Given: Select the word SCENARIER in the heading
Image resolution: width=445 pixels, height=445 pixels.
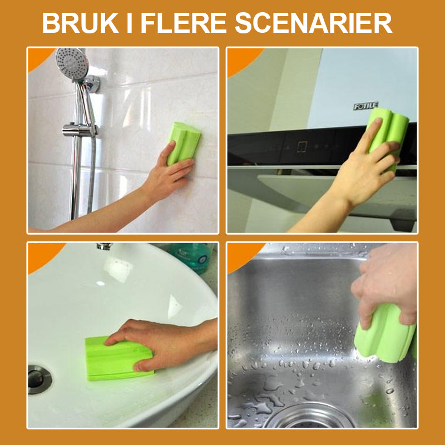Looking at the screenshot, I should click(313, 23).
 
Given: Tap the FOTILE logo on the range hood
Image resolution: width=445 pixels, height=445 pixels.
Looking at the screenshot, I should click(366, 106).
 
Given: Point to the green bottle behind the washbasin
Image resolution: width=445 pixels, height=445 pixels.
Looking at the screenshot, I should click(192, 256).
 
